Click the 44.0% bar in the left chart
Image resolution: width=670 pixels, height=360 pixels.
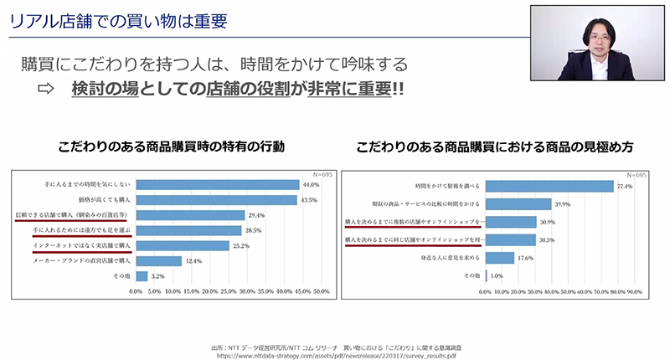point(217,185)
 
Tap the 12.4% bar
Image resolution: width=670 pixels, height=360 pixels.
point(157,260)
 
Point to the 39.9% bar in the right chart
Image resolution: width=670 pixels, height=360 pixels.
point(518,203)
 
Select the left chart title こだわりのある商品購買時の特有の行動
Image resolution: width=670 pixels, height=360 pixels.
point(172,147)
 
